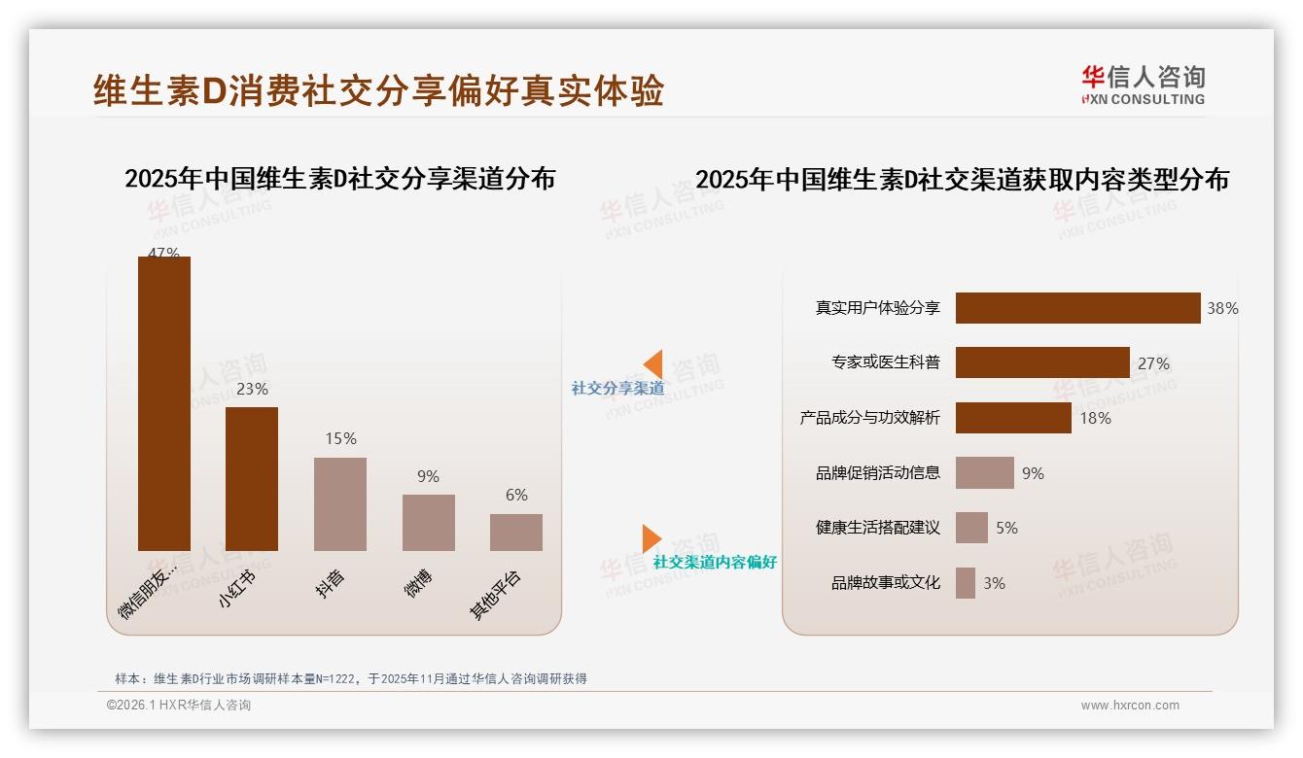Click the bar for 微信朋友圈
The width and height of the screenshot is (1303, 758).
pos(163,403)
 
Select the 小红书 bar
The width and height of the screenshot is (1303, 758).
pos(251,478)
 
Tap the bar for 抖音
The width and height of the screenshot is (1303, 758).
pos(339,503)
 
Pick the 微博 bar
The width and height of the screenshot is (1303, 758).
pos(428,522)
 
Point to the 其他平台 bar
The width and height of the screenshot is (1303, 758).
pos(515,532)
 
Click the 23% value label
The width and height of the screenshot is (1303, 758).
pos(252,389)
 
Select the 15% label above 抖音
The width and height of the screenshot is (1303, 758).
pos(340,439)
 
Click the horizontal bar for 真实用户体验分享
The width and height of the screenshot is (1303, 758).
pos(1077,308)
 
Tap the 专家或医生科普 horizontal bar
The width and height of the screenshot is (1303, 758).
pos(1042,362)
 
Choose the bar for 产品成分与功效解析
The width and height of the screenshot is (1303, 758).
pos(1013,418)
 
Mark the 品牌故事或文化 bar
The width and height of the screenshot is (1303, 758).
pos(966,583)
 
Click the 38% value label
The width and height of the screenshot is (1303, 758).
pos(1222,309)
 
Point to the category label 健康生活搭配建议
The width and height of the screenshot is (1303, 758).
pos(878,528)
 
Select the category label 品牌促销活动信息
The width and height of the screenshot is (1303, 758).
pos(878,473)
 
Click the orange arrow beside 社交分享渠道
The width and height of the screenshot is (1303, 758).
pos(653,364)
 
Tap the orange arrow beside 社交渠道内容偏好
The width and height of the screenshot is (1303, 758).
pos(651,538)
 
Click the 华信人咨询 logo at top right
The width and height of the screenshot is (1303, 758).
pos(1143,85)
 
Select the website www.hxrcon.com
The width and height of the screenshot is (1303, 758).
pos(1130,706)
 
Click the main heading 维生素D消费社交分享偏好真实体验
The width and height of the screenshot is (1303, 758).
pos(378,90)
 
